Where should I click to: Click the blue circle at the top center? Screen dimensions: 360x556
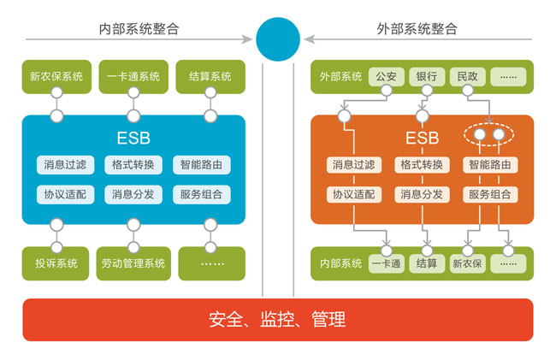click(278, 39)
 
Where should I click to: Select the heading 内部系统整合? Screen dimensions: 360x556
click(139, 29)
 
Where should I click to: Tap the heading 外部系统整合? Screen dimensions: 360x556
click(417, 29)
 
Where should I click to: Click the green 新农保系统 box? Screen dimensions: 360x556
click(56, 77)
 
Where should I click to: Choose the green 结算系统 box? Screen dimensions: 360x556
click(210, 77)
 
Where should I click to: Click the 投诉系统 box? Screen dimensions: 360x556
click(56, 263)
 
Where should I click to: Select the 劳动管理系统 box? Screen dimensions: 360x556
click(133, 263)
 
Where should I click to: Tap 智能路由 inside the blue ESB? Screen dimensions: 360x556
click(201, 164)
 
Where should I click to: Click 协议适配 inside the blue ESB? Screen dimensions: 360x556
click(65, 194)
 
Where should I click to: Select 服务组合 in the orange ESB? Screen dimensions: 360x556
click(491, 194)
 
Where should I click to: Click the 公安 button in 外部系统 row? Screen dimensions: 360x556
click(386, 76)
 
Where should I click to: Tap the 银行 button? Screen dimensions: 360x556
click(427, 76)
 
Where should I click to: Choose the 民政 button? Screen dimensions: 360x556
click(468, 76)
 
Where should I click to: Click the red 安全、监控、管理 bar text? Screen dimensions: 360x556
click(278, 321)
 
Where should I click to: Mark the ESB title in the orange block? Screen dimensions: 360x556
click(422, 139)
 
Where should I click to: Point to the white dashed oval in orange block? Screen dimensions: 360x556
click(490, 135)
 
